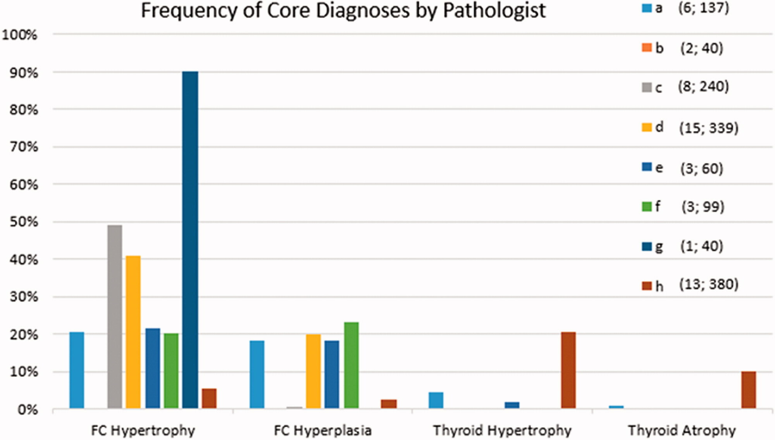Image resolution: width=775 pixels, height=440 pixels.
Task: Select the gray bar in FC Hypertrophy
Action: point(115,316)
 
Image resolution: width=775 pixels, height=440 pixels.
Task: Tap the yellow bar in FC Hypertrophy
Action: point(133,332)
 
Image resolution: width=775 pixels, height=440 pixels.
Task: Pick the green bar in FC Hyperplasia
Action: point(351,365)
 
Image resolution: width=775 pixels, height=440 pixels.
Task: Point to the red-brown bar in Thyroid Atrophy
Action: point(748,390)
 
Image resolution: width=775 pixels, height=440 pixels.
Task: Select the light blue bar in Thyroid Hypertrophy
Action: point(436,400)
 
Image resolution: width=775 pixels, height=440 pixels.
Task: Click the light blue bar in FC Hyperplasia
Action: point(257,374)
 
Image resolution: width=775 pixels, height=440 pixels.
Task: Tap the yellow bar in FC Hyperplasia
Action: point(313,371)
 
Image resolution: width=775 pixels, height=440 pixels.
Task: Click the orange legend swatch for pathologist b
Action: point(646,48)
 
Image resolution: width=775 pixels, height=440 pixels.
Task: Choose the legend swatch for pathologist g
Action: point(646,246)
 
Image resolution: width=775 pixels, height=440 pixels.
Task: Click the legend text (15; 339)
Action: point(709,128)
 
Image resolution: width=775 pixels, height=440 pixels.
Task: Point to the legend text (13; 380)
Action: point(709,284)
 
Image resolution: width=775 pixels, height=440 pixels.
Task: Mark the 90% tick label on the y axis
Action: point(24,73)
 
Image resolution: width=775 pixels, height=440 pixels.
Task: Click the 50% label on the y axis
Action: point(24,222)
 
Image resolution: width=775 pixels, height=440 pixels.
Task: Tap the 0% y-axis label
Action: point(28,410)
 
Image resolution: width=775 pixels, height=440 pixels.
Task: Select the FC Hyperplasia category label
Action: point(322,430)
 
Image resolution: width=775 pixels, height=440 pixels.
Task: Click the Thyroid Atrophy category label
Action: point(682,430)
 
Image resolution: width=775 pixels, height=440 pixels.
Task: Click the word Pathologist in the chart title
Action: point(494,11)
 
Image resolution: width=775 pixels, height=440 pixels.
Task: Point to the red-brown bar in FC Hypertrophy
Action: point(209,398)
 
